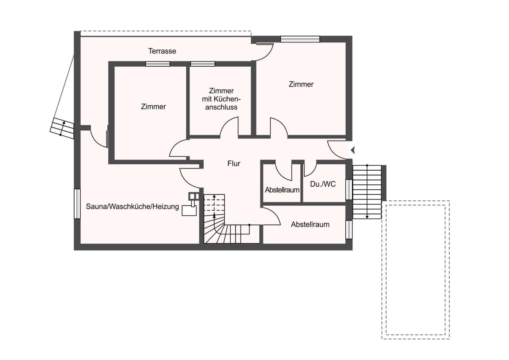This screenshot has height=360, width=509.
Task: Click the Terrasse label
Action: [x=162, y=51]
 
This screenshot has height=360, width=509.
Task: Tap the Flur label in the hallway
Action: [x=234, y=163]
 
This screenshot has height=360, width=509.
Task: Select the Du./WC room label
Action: [x=323, y=184]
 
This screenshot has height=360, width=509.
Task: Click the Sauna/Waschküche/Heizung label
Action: [x=132, y=206]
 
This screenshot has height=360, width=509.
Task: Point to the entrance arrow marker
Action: [x=352, y=150]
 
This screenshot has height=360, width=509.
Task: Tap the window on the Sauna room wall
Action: [x=77, y=204]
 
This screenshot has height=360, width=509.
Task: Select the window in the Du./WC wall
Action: [x=349, y=189]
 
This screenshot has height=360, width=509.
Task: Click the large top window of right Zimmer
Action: [x=300, y=39]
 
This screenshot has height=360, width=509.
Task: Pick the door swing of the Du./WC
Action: [x=310, y=168]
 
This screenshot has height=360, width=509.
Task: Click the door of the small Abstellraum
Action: [x=283, y=170]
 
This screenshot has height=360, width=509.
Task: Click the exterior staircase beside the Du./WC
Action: [x=367, y=192]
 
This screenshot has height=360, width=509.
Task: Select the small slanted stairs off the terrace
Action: [x=62, y=129]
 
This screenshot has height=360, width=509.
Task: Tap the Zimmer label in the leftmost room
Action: [x=154, y=107]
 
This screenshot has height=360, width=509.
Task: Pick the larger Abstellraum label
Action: [x=310, y=225]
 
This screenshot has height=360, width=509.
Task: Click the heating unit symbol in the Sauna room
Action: [x=191, y=204]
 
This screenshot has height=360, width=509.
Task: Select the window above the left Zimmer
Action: [x=158, y=64]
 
